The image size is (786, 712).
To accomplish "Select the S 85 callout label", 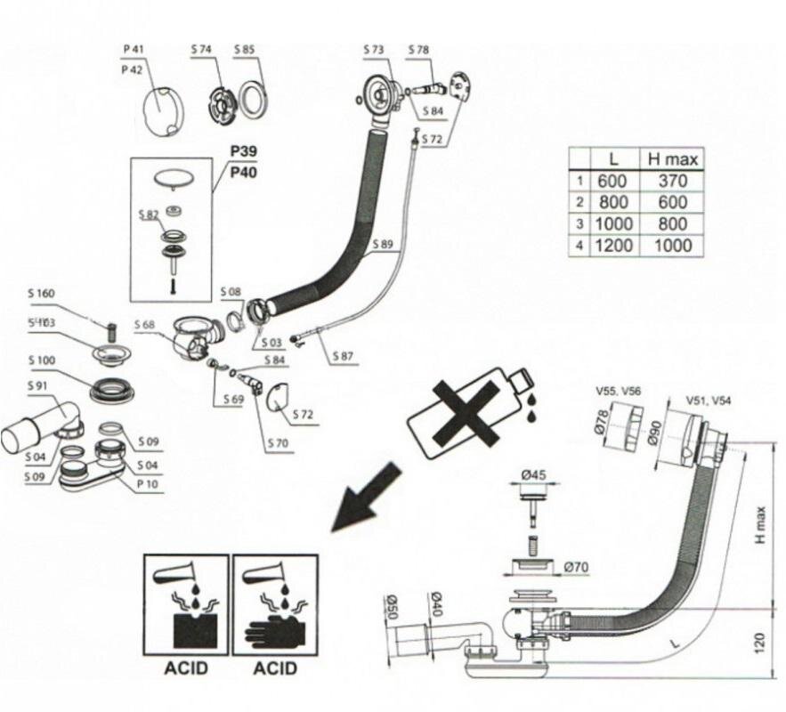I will click(x=245, y=48).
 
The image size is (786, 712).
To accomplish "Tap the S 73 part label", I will click(x=374, y=48).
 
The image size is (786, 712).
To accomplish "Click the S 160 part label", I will click(x=41, y=293).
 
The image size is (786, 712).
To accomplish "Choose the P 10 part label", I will click(x=148, y=483).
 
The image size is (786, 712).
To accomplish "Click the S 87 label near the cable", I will click(x=344, y=356).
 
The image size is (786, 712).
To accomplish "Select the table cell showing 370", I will click(x=672, y=181).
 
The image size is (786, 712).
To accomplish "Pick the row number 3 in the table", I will click(x=579, y=223).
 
